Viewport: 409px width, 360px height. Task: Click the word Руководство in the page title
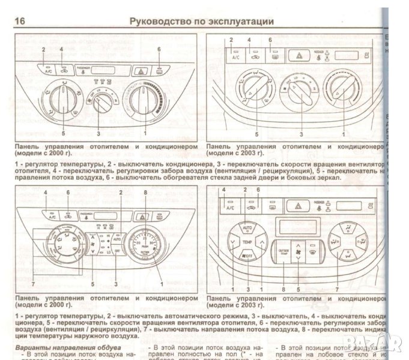[157, 21]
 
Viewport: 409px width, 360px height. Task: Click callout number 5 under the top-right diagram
[257, 135]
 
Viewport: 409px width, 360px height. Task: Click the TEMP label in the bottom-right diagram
[246, 242]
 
